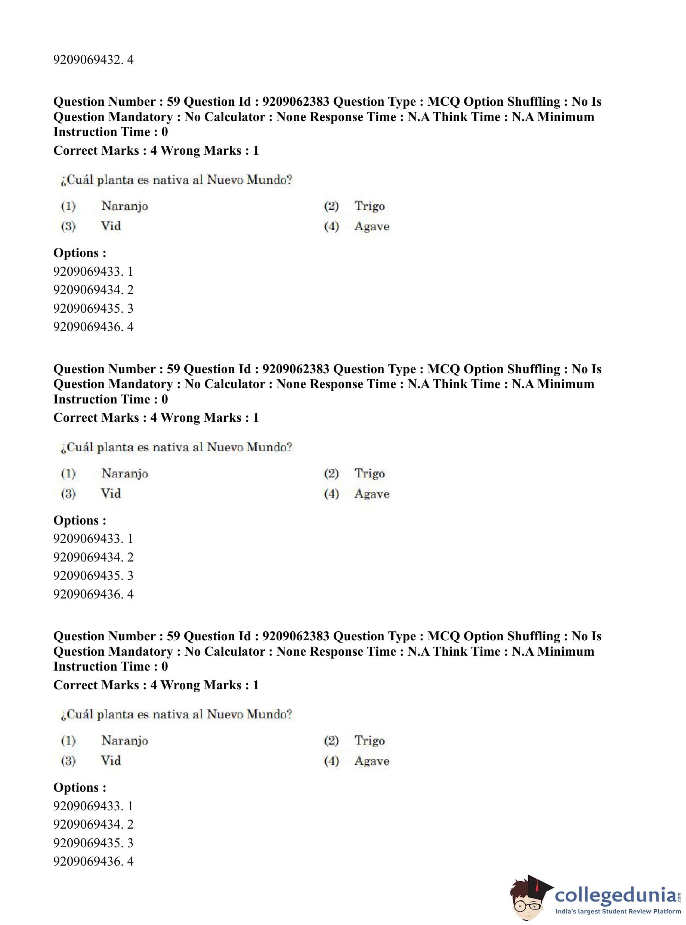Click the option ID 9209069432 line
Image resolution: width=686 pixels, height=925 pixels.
coord(93,60)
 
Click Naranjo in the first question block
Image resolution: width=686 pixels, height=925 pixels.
coord(124,206)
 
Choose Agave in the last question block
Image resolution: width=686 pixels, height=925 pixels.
coord(372,761)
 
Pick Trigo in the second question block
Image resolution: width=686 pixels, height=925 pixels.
coord(369,473)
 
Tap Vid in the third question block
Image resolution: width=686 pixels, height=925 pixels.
coord(111,761)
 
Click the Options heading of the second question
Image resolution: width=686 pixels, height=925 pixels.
coord(80,520)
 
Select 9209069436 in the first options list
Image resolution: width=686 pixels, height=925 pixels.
coord(93,327)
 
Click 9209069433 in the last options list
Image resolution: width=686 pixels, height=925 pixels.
coord(93,806)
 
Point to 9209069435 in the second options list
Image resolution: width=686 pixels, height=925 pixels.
coord(93,575)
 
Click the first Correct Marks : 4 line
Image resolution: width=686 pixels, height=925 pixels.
coord(156,150)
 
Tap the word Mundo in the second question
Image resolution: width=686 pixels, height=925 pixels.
coord(269,447)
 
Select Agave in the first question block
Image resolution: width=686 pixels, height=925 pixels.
coord(372,226)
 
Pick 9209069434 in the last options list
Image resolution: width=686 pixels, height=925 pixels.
coord(93,825)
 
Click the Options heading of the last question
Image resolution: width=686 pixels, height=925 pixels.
coord(80,788)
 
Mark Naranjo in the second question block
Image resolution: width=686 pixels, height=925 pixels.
coord(124,473)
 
